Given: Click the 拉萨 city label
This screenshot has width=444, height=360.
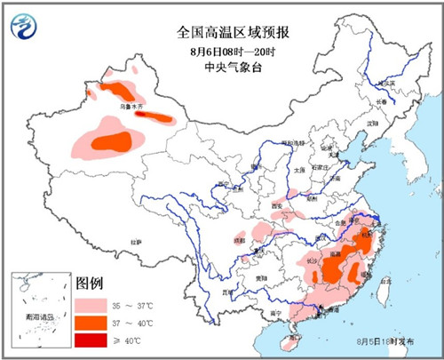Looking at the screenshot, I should (137, 241).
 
